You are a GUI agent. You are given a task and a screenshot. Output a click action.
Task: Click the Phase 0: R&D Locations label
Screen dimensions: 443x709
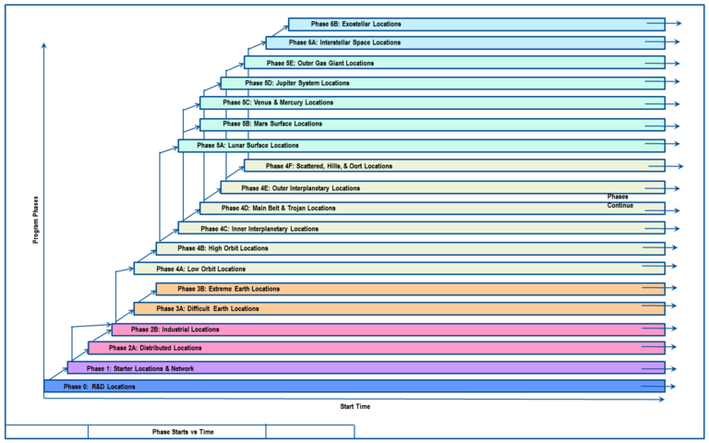pyautogui.click(x=100, y=387)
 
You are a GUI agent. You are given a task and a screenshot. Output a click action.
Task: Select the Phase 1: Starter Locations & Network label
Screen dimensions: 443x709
pyautogui.click(x=129, y=367)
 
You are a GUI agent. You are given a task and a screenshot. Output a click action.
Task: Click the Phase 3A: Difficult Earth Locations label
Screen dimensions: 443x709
pyautogui.click(x=208, y=308)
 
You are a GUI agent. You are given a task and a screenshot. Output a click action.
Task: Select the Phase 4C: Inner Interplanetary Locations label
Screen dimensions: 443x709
pyautogui.click(x=259, y=228)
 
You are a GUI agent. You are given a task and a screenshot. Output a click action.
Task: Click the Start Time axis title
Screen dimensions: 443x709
pyautogui.click(x=356, y=406)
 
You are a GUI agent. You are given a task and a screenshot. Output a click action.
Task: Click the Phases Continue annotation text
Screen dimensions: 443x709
pyautogui.click(x=620, y=201)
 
